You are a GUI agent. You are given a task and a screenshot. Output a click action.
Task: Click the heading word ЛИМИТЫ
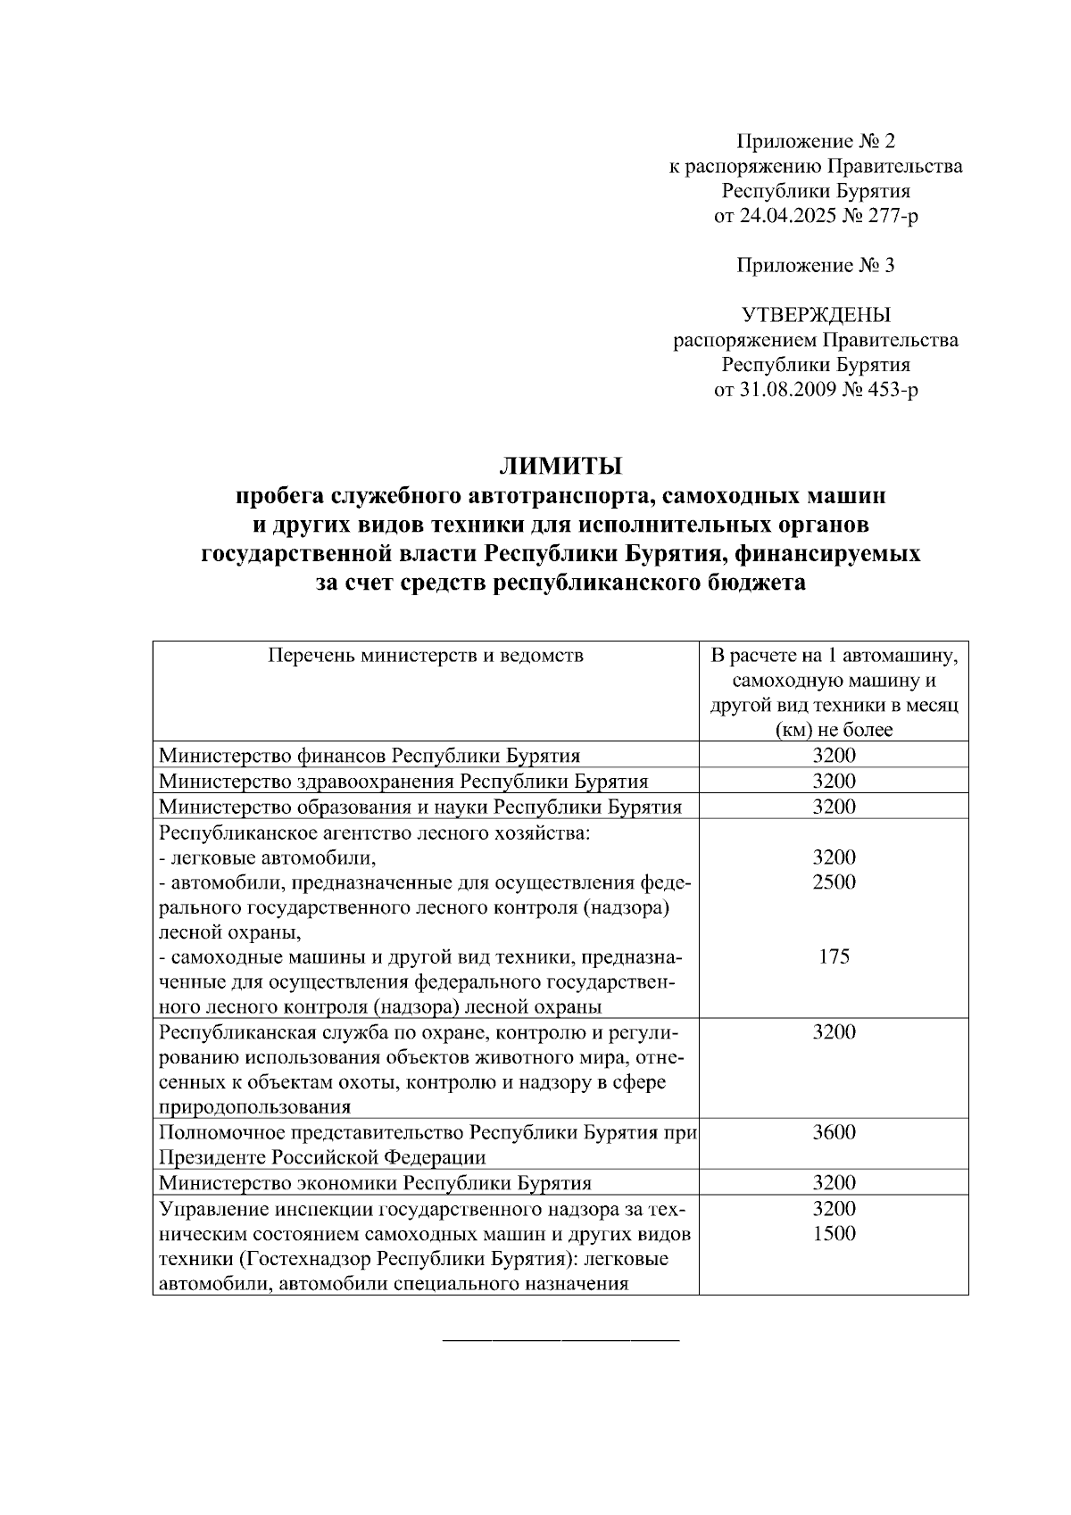point(560,466)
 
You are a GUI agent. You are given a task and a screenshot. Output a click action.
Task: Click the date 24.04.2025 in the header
point(786,216)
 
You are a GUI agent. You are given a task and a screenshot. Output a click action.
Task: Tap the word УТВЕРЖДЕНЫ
point(816,315)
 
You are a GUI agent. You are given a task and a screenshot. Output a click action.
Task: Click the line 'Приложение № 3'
point(816,266)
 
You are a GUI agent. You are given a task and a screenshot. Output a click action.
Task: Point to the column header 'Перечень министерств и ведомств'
point(426,656)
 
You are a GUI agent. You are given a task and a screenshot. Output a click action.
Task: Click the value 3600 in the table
point(834,1132)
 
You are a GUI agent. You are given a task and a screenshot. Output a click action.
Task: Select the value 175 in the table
point(834,956)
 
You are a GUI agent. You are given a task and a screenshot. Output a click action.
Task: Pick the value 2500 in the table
point(834,882)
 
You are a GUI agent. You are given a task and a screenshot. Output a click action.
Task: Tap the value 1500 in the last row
point(834,1233)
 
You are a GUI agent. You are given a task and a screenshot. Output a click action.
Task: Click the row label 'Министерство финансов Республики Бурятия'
point(369,756)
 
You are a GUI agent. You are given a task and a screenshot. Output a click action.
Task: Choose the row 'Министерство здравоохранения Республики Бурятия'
point(403,782)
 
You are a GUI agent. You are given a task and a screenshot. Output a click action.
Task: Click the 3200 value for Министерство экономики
point(834,1183)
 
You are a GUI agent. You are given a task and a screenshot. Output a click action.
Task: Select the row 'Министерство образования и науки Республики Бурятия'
point(420,807)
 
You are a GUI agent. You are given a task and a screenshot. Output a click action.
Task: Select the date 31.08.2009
point(786,390)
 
